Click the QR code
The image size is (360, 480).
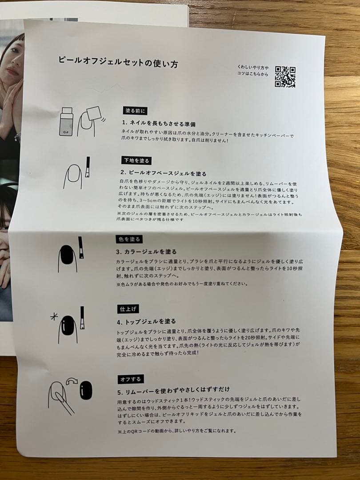(285, 77)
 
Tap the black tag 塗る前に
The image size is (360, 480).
(135, 111)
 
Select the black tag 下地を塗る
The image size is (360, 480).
(136, 160)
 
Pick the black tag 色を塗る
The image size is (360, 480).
(129, 239)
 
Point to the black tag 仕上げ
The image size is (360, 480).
(128, 309)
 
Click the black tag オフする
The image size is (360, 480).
(131, 379)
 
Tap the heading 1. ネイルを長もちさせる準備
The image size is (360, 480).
(159, 124)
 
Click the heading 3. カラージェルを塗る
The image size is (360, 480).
(146, 252)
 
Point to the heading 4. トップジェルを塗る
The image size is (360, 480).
(146, 321)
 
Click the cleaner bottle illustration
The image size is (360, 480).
(66, 121)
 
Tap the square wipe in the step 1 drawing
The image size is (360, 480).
(94, 114)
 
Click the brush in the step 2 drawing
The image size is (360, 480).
(88, 167)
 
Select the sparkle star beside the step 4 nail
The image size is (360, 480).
(54, 317)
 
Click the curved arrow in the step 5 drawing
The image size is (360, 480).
(72, 381)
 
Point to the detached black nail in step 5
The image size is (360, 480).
(86, 390)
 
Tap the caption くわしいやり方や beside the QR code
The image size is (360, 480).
(253, 68)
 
